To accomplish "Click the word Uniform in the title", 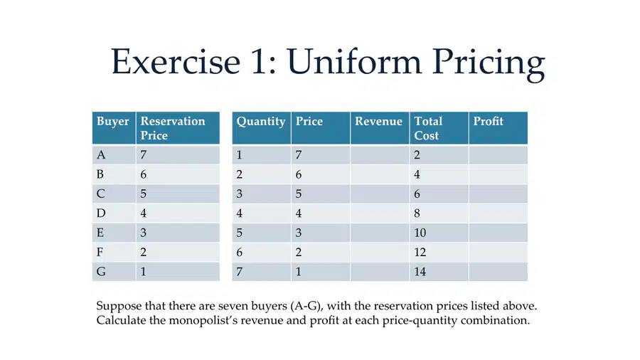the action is point(354,62).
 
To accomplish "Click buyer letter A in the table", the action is point(101,155).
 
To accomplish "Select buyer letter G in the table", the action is point(101,272).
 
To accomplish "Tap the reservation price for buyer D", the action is point(143,213).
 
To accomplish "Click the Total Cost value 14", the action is point(420,272).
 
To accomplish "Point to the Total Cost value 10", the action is point(420,233).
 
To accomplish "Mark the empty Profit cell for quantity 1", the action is point(498,155).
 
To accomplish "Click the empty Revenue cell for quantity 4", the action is point(380,213).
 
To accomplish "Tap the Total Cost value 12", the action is point(420,253).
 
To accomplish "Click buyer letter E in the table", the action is point(100,233).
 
